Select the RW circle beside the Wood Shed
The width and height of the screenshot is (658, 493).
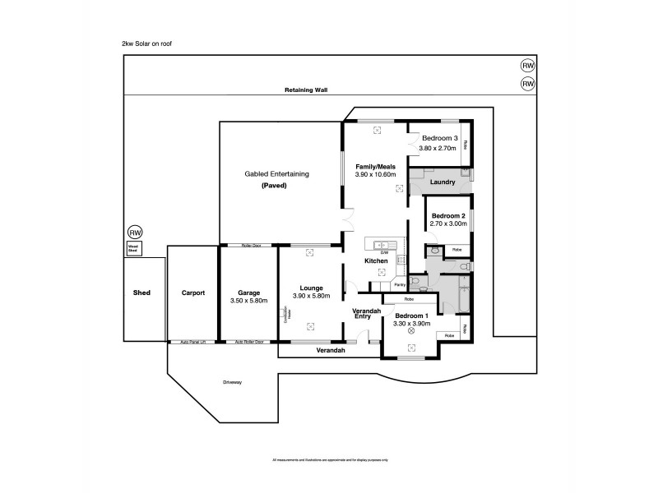pos(135,233)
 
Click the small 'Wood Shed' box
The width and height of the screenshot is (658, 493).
pos(133,248)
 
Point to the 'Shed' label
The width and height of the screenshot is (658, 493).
pos(141,293)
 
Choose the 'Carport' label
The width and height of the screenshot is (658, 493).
pos(192,293)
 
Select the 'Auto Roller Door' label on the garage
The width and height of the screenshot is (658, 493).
pos(248,342)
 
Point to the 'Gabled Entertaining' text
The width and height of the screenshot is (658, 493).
pos(276,174)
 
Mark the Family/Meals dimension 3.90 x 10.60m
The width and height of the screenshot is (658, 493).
pos(375,175)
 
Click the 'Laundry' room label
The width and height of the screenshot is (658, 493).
pos(443,182)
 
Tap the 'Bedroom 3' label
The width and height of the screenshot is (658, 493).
pos(440,138)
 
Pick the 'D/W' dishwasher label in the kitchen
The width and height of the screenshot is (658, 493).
pos(382,252)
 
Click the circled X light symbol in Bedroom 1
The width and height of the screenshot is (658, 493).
pos(411,331)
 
